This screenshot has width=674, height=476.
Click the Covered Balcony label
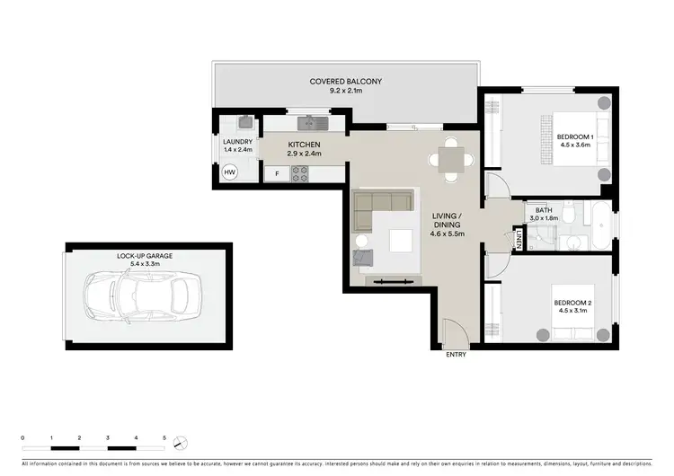(x=346, y=82)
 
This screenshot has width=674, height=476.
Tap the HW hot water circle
(x=229, y=172)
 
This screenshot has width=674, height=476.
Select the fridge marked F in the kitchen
(x=277, y=173)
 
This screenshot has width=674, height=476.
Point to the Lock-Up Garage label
(x=145, y=256)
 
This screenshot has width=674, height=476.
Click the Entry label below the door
(x=457, y=356)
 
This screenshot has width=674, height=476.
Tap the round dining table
(x=448, y=160)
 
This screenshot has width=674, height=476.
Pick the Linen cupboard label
(x=519, y=238)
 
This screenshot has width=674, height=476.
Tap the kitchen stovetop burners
(x=299, y=172)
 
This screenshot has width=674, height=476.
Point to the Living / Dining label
(x=447, y=221)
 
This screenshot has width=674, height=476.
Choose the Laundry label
(x=237, y=141)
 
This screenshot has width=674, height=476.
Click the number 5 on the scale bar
(x=164, y=436)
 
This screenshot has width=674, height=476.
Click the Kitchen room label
(x=304, y=145)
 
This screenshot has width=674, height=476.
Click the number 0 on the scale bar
(x=23, y=436)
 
